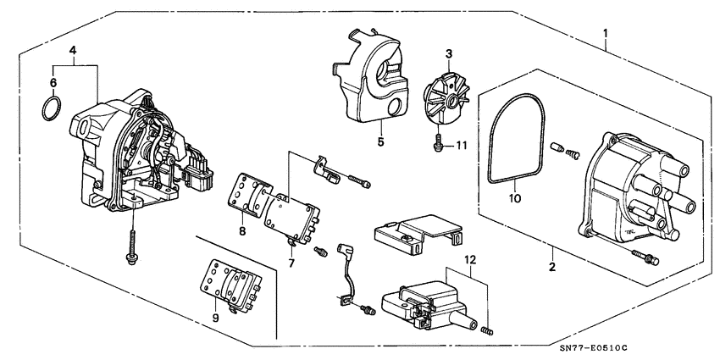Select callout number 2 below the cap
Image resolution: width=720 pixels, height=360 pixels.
pos(551,268)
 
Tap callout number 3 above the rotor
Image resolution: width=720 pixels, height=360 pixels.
pos(449,53)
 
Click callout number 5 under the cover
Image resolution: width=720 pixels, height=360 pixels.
pos(380,142)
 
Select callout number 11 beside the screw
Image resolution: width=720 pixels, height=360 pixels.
pos(463,146)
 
